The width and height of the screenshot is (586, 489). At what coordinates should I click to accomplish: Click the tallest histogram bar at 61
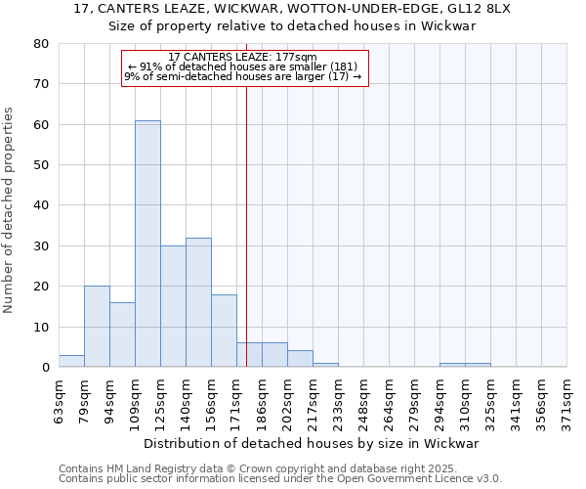point(147,244)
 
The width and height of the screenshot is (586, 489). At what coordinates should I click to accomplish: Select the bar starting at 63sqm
point(71,361)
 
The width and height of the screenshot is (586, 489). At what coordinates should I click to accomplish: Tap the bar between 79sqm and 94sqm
point(97,327)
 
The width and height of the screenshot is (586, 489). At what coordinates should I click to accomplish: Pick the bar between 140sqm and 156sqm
point(198,302)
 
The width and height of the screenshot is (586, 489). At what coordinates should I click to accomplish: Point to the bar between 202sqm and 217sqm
point(300,359)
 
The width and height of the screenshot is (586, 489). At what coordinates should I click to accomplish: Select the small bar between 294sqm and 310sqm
point(452,365)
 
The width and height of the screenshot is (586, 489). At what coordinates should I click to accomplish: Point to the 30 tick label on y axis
point(40,246)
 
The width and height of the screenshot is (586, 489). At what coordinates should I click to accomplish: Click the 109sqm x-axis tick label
point(135,397)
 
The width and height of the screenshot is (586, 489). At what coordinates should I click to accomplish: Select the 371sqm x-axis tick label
point(566,397)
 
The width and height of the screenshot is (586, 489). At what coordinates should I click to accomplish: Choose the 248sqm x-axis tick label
point(363,397)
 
